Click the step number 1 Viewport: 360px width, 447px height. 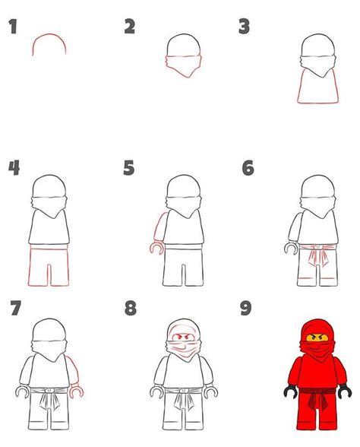13,28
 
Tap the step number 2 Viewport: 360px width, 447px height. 130,27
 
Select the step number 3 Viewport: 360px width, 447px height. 244,27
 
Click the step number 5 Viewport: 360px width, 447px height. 129,167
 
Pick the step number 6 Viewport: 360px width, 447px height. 247,167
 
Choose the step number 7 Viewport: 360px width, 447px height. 14,309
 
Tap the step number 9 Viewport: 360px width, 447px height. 247,309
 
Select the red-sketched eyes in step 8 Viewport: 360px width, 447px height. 181,335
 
